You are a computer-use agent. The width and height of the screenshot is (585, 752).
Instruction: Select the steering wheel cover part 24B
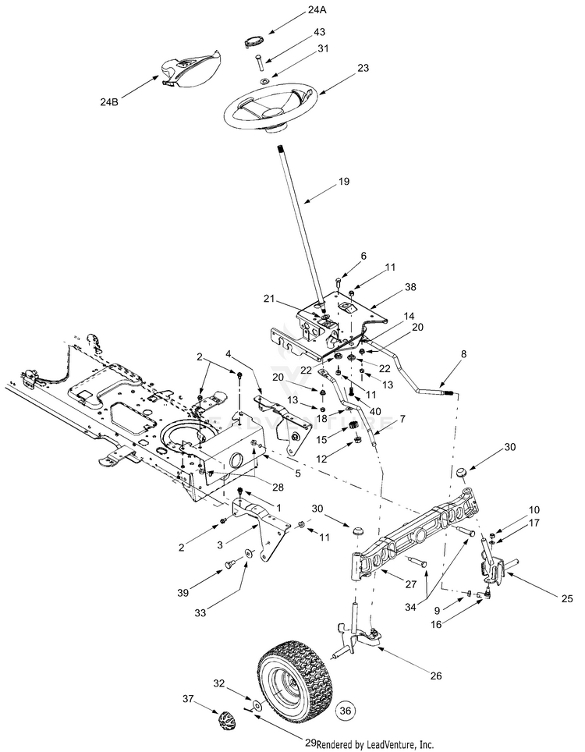pos(190,69)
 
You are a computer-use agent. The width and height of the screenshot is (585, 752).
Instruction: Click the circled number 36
pos(346,711)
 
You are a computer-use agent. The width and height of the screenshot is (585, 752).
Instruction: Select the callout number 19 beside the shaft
pos(344,181)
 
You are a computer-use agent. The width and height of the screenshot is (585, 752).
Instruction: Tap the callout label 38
pos(410,287)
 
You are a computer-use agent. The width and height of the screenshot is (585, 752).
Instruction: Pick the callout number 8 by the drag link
pos(463,354)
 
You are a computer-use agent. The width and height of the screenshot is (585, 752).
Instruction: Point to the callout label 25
pos(567,598)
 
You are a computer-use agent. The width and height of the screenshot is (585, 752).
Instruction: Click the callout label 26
pos(436,676)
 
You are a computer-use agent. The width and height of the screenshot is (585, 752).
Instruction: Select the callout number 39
pos(183,593)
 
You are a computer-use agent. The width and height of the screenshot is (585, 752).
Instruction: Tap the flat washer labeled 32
pos(258,705)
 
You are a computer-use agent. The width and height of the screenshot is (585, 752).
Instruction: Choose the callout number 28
pos(278,488)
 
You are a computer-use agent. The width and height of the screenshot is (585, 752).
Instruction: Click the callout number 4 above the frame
pos(229,354)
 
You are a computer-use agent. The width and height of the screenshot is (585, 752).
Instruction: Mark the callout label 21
pos(269,299)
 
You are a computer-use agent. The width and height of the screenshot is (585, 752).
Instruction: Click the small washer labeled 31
pos(264,82)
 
